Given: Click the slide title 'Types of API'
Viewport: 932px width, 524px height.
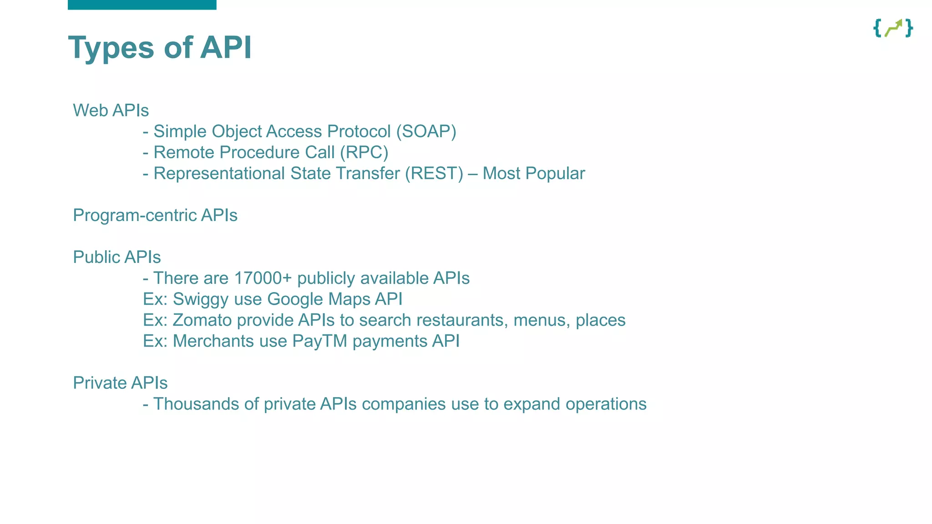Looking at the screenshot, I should (159, 48).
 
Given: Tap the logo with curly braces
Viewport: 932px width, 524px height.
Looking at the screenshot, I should (893, 28).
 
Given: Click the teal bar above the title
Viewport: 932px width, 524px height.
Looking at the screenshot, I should (142, 5).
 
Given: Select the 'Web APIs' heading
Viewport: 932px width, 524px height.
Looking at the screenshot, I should (111, 111).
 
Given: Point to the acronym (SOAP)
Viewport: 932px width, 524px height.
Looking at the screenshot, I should (426, 131).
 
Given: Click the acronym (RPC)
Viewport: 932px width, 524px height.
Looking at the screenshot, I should (364, 152).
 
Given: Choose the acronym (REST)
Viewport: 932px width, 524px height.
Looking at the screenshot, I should (434, 173).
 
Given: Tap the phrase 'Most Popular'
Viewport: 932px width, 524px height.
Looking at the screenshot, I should (533, 173).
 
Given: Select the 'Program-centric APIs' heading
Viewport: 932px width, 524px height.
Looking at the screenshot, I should (155, 215).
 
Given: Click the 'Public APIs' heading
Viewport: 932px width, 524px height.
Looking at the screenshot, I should (117, 257).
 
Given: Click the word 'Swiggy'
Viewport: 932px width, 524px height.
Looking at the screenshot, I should (200, 299).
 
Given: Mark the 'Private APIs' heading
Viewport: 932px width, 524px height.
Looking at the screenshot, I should (120, 383).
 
